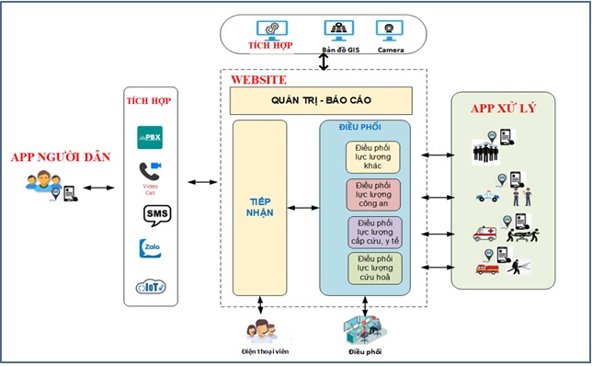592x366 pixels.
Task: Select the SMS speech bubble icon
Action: [151, 214]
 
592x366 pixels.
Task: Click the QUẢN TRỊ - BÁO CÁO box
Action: [320, 99]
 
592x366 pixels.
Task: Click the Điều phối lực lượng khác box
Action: [373, 156]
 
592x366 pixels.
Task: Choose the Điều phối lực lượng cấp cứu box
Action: [373, 233]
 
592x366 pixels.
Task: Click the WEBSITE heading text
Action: [258, 79]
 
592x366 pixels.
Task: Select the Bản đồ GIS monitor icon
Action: [337, 30]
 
